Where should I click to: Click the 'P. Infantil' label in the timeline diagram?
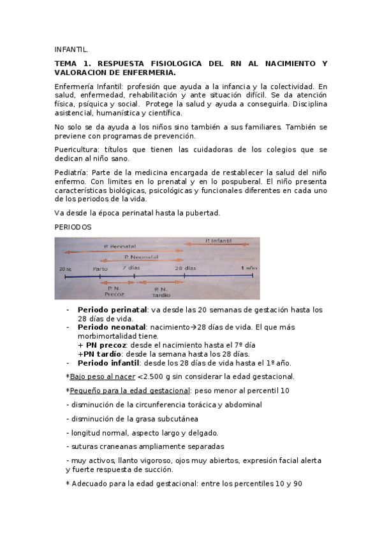219,240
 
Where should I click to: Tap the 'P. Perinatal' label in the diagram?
118,246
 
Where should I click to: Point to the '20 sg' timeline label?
65,269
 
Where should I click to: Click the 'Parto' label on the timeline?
101,269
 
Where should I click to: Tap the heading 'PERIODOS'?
73,227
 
